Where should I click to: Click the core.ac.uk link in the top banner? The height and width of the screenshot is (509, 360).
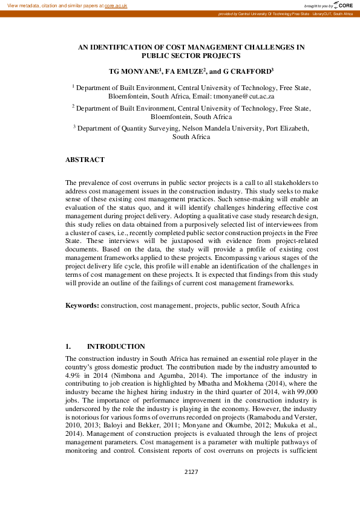116,5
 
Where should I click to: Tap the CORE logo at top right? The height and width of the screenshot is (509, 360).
341,5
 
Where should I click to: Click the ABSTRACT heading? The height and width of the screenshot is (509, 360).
85,160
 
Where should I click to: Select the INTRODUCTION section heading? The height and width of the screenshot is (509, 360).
116,346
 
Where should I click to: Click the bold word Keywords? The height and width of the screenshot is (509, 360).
82,306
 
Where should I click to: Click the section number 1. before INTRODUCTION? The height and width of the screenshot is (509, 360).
68,346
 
